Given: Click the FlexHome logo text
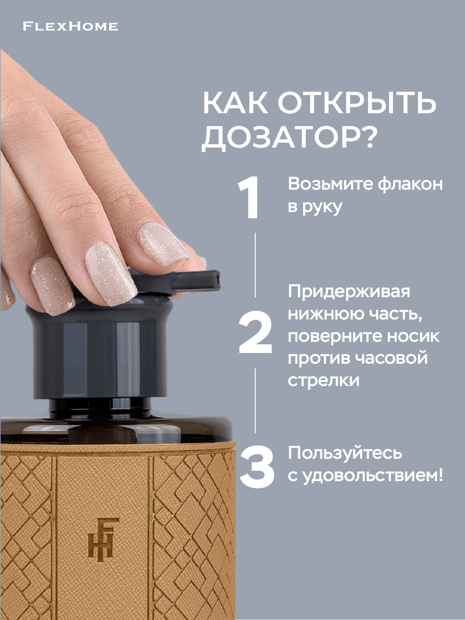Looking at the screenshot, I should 70,27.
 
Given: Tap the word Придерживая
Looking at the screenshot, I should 349,291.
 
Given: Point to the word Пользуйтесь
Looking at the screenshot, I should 345,453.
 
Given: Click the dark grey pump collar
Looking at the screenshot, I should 99,351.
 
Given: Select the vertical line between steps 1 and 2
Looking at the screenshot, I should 255,265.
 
